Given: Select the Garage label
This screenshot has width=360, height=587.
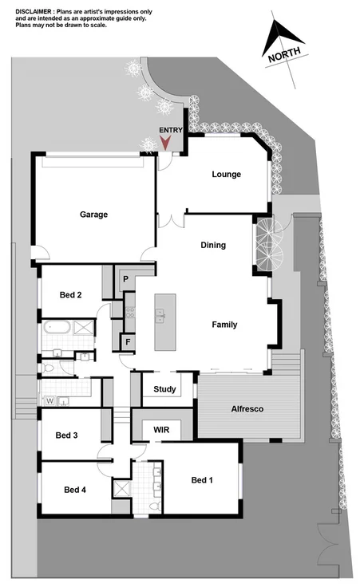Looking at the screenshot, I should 93,215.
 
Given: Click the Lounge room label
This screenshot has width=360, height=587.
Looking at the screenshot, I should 226,175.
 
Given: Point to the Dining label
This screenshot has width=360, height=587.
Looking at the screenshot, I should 213,246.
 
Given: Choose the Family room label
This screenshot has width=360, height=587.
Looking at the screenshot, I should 224,325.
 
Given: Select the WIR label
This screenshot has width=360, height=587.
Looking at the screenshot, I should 162,429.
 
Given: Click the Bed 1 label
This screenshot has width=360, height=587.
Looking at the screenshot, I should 203,480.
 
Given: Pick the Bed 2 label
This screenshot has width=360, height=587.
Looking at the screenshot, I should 71,295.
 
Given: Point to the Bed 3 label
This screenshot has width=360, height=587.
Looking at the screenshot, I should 66,435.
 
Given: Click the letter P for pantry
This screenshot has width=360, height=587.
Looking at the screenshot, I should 126,279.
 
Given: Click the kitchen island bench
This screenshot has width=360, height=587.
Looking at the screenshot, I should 165,321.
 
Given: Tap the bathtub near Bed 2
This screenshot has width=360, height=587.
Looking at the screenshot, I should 57,328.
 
